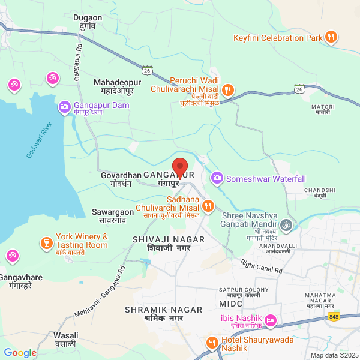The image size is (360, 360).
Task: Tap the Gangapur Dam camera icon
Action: [64, 107]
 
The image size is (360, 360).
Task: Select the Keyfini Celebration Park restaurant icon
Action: [331, 38]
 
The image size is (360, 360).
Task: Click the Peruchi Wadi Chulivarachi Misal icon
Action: [228, 91]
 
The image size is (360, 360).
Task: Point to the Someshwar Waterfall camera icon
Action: [217, 178]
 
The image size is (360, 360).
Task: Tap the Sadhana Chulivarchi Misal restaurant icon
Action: [208, 206]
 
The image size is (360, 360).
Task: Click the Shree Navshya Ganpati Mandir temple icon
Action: [287, 225]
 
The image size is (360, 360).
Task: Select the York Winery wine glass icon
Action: [46, 242]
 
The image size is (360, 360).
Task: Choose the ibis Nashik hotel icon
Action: [271, 321]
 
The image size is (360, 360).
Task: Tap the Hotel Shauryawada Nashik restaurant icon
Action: [211, 343]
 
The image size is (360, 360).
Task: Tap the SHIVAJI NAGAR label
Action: [169, 243]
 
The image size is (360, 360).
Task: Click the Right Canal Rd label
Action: [261, 266]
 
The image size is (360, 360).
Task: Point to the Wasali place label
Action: [65, 340]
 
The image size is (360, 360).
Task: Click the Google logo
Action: [20, 353]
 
